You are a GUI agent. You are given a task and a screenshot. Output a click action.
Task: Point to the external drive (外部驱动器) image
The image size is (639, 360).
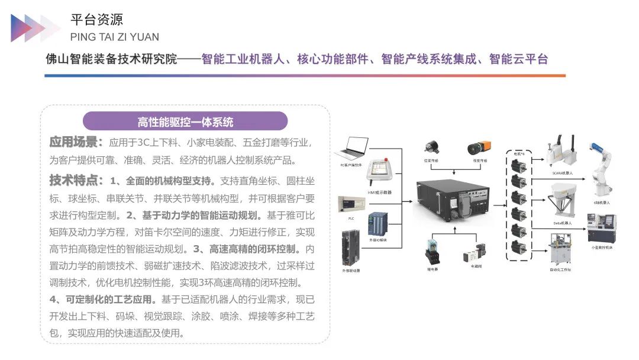click(x=350, y=248)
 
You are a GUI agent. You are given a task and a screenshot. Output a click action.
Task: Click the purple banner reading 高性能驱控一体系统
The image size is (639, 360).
click(x=185, y=122)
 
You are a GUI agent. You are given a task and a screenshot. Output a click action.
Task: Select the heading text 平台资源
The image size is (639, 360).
click(x=97, y=20)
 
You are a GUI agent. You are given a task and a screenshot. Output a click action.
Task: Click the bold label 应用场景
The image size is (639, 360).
click(x=76, y=143)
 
